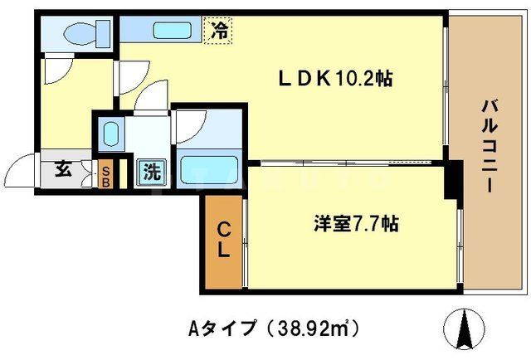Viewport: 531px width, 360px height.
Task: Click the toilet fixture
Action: point(79,34)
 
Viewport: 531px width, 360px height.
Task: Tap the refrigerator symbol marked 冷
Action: point(221,32)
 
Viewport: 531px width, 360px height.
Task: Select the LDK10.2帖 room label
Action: point(334,79)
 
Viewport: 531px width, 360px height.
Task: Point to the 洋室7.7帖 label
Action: point(357,224)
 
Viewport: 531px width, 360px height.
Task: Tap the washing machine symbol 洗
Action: point(152,173)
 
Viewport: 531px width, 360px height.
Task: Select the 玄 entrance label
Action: point(63,171)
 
